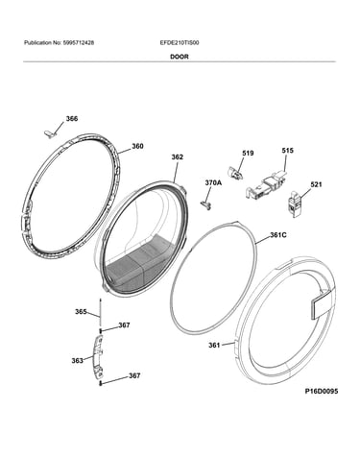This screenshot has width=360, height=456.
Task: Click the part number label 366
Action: [72, 119]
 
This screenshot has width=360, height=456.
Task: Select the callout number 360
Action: [137, 146]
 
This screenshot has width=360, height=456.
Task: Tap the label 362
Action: [178, 156]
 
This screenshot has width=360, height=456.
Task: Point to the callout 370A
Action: [213, 183]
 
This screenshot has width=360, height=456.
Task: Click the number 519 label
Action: [248, 154]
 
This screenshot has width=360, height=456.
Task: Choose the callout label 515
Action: [287, 151]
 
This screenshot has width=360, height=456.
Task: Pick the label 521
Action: [316, 184]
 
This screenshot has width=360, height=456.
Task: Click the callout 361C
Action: [278, 235]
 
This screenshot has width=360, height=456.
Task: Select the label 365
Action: [81, 311]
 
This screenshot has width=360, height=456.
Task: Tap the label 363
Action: [77, 361]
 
